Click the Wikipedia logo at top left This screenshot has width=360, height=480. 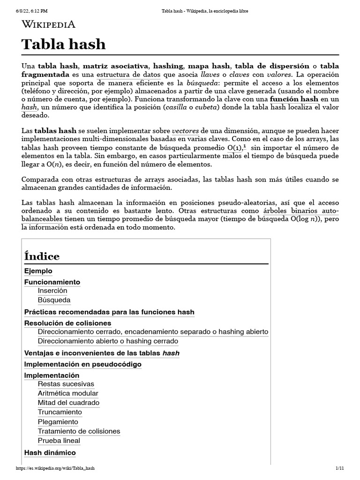[48, 24]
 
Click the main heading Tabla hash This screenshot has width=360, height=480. [64, 45]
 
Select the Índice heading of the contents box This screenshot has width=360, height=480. [42, 256]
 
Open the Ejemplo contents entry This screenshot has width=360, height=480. [38, 271]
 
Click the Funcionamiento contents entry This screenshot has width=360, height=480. [52, 282]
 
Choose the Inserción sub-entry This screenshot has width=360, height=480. [52, 291]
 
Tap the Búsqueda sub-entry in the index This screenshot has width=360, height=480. [54, 300]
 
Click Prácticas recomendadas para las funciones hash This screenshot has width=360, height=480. [109, 312]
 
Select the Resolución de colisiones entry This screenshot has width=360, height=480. [67, 323]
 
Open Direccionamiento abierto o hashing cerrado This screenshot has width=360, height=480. [108, 341]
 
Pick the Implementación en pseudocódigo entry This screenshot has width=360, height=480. [82, 364]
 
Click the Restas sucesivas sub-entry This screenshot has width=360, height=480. [66, 384]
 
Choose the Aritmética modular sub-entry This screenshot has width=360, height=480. [68, 393]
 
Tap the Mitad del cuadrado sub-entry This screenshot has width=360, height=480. [68, 403]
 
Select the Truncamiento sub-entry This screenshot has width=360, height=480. [60, 412]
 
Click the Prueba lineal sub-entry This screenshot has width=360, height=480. [59, 441]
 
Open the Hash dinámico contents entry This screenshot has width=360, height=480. [50, 452]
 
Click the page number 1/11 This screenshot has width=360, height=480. [340, 468]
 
